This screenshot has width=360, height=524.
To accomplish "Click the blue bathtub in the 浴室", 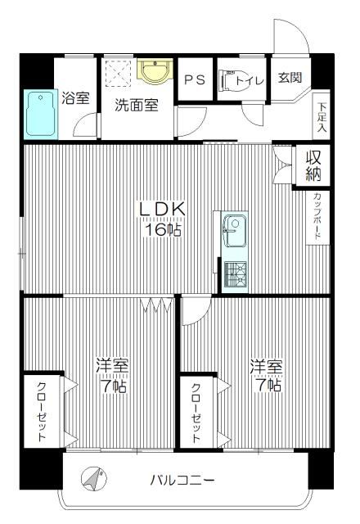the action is [x=41, y=115].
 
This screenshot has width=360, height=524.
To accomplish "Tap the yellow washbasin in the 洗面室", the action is [x=155, y=71].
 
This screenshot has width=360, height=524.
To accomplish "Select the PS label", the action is [x=195, y=80].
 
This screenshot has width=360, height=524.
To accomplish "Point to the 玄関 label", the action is [x=290, y=78].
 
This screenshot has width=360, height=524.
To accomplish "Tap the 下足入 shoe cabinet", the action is [x=322, y=116].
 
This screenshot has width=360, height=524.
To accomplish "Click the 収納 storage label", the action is [x=313, y=165].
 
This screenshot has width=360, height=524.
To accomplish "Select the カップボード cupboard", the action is [x=317, y=218].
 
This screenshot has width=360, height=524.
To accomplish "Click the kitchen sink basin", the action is [x=235, y=231].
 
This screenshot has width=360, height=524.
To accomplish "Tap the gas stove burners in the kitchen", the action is [x=235, y=274].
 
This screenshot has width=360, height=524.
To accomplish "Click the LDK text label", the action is [x=162, y=210].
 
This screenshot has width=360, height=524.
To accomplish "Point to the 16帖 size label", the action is [x=163, y=229].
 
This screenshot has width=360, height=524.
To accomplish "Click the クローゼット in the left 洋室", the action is [x=42, y=411].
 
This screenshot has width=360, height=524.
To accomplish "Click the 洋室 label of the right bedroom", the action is [x=267, y=367].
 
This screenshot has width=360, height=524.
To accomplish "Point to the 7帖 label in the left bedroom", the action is [x=114, y=386].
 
